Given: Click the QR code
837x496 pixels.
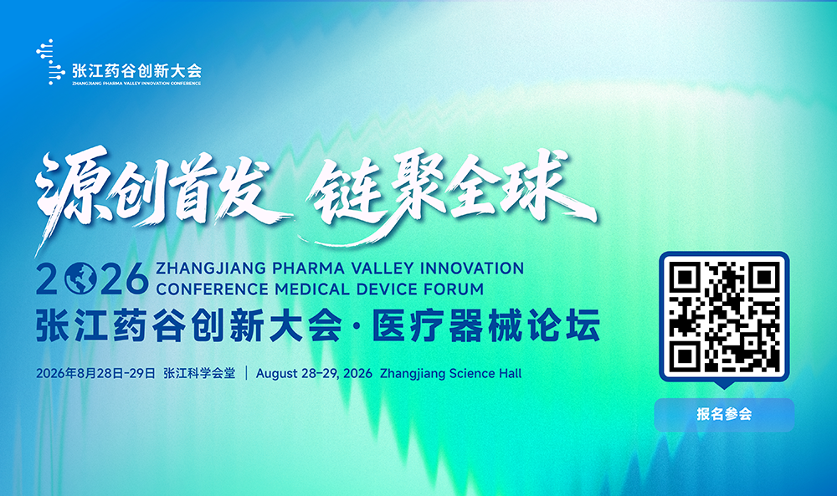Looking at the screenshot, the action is tap(724, 316).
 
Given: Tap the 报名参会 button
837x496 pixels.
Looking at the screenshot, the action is tap(724, 414).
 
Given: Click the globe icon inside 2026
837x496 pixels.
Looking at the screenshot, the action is tap(80, 279).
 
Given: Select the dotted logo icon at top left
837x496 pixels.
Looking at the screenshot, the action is tap(50, 61).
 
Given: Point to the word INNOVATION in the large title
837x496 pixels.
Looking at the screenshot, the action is tap(472, 268).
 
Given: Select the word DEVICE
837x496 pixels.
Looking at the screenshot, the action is tap(388, 289).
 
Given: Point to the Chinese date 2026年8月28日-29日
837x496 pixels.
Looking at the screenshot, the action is tap(95, 373).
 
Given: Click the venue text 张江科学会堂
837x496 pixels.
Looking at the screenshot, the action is tap(199, 373).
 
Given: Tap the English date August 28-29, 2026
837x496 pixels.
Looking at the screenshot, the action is tap(314, 373).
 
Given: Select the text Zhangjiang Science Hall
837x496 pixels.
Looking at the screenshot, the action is tap(450, 373).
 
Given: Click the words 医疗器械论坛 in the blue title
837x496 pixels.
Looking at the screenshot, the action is tap(485, 325).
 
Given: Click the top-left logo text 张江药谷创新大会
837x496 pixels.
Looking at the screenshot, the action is tap(136, 70).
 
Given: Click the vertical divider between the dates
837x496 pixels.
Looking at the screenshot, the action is tap(246, 373).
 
